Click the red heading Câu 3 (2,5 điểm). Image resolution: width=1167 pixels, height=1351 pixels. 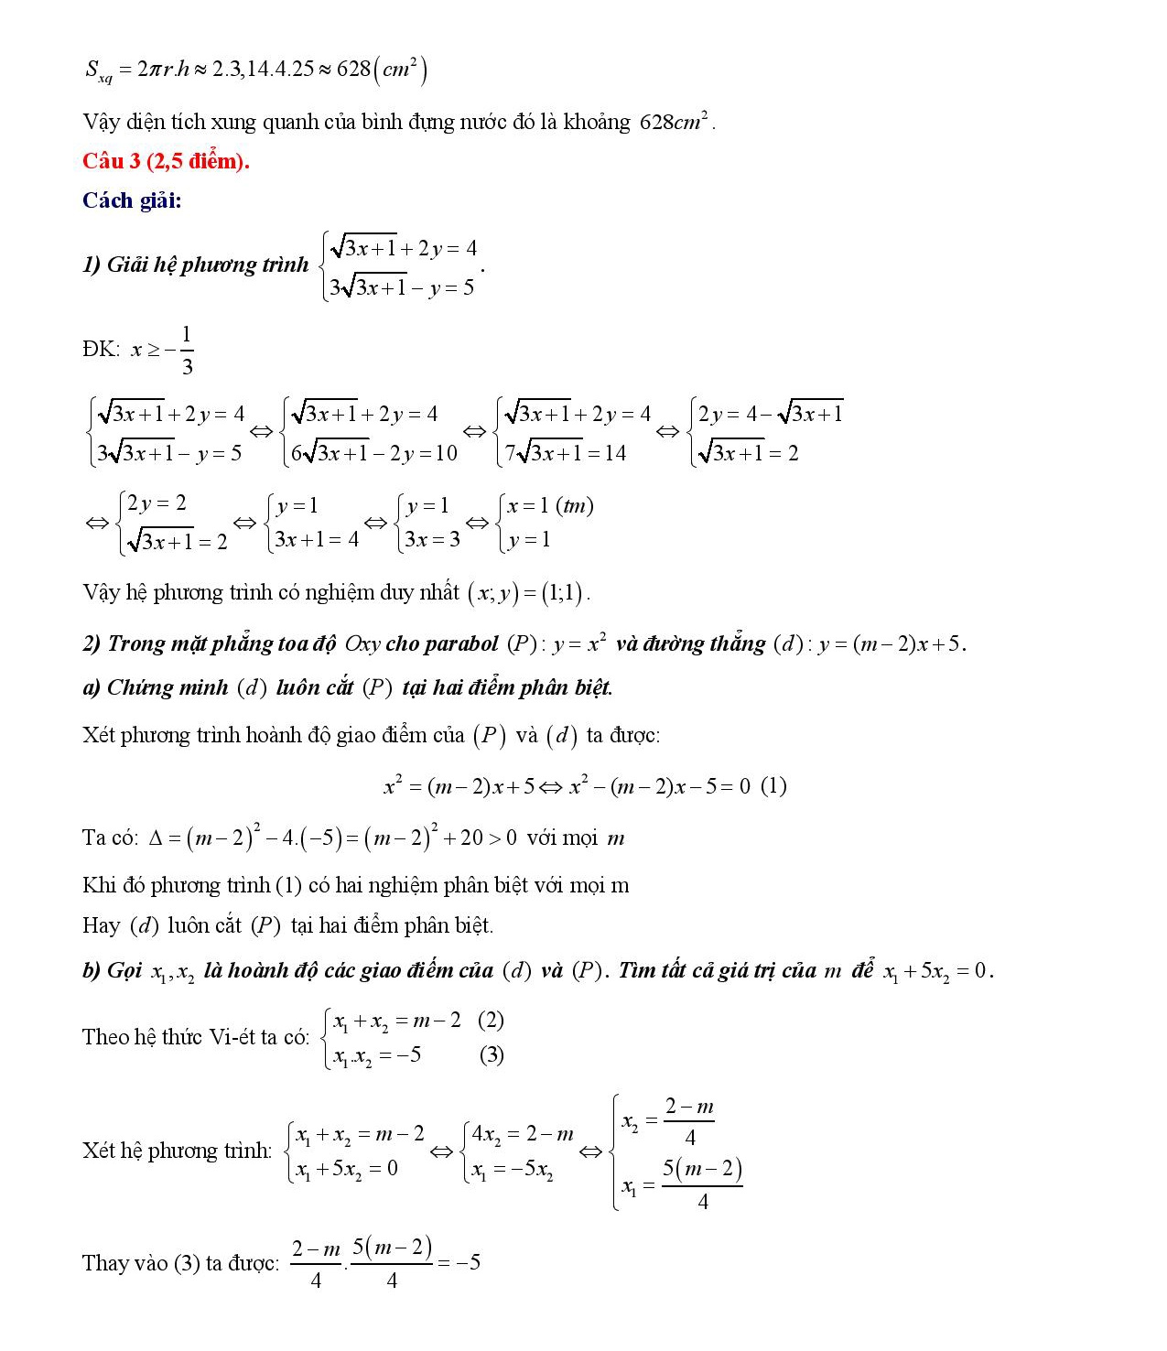(x=166, y=161)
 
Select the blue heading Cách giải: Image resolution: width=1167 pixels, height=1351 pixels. (x=132, y=200)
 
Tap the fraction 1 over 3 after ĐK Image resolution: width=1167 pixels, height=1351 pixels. (x=187, y=351)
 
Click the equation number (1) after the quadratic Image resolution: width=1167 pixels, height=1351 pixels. (x=773, y=785)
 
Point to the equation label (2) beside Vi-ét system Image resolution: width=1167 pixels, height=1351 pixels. (x=491, y=1020)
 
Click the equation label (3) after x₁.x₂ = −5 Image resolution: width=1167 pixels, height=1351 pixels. (x=492, y=1054)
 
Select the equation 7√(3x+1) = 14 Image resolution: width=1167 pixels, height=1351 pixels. (x=566, y=453)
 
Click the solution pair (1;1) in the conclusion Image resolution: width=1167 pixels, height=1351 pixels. (x=562, y=593)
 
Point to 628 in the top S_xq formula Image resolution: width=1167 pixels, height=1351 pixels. (x=353, y=70)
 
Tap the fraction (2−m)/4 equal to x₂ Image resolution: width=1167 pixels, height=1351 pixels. (x=689, y=1121)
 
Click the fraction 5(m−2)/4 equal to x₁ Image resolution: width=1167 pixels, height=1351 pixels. (x=702, y=1184)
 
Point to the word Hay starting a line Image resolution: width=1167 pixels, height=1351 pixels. (x=101, y=925)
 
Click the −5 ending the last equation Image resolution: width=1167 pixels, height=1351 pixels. (x=469, y=1262)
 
